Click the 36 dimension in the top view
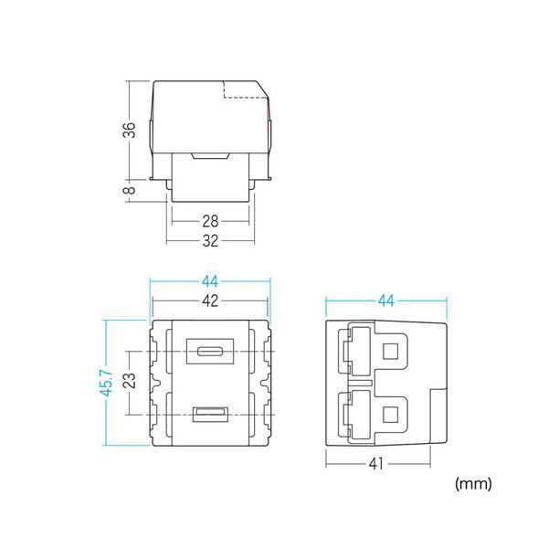click(130, 130)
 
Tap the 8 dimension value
click(130, 190)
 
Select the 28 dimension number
click(210, 221)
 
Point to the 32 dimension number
click(210, 241)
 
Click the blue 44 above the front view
click(210, 281)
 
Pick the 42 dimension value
click(210, 300)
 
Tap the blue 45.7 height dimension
click(107, 383)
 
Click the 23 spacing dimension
click(130, 381)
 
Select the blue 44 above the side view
click(386, 300)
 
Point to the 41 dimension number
click(376, 464)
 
